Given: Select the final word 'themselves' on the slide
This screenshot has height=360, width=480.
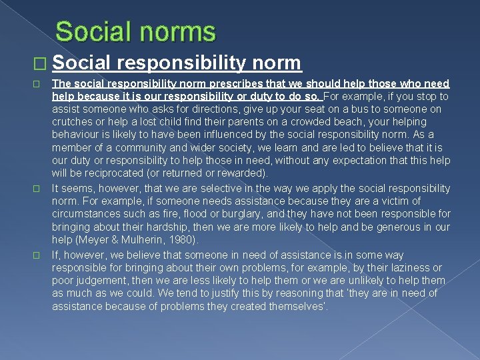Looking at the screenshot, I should (297, 307).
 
